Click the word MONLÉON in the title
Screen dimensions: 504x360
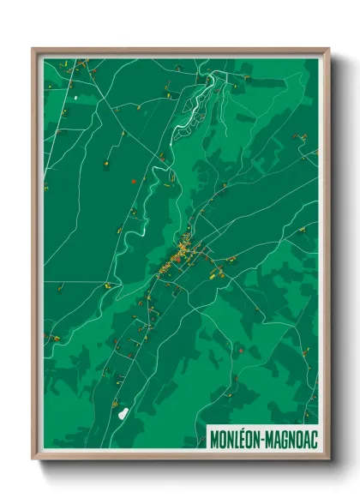point(234,439)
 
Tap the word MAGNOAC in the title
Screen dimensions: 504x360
point(291,439)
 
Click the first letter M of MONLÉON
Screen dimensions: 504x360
point(213,439)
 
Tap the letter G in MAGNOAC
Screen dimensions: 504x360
point(284,439)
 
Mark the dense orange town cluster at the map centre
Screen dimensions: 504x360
point(183,252)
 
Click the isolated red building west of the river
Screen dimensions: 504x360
point(133,181)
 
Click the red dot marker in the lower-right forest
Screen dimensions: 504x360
point(243,350)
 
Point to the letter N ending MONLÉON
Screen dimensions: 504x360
point(255,439)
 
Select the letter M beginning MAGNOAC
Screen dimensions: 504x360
point(268,439)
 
